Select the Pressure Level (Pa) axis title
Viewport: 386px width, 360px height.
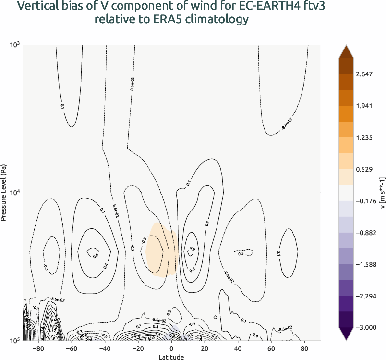[x=4, y=192]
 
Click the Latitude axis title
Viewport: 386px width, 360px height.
[x=171, y=357]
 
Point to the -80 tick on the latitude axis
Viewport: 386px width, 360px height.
[x=40, y=348]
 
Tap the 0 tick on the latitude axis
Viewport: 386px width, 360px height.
[x=171, y=348]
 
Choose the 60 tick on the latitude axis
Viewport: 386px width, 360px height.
[x=270, y=348]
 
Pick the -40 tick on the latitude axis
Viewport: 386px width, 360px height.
[x=106, y=348]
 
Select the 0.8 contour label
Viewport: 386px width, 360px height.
[x=192, y=249]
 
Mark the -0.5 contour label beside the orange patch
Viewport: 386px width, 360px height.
[x=144, y=240]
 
